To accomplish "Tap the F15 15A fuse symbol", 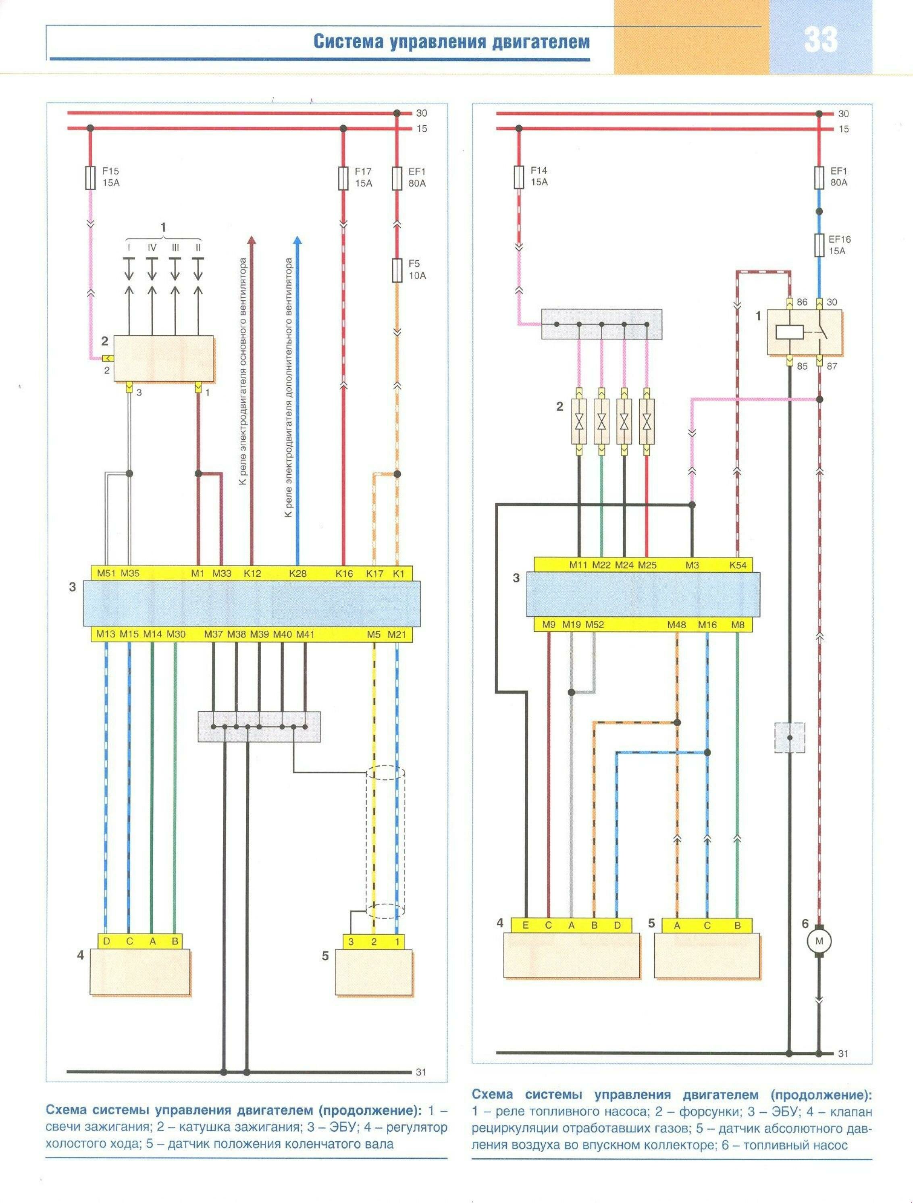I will [91, 178].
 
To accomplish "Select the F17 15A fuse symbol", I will [343, 178].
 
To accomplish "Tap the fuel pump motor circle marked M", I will [819, 941].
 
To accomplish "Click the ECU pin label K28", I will [297, 573].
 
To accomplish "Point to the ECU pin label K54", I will [738, 565].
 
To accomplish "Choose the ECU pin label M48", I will [677, 625].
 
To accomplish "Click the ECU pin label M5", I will [373, 634].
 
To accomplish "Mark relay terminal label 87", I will [832, 367].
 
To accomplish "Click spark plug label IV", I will [152, 247].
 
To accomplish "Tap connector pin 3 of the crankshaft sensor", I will [351, 942].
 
